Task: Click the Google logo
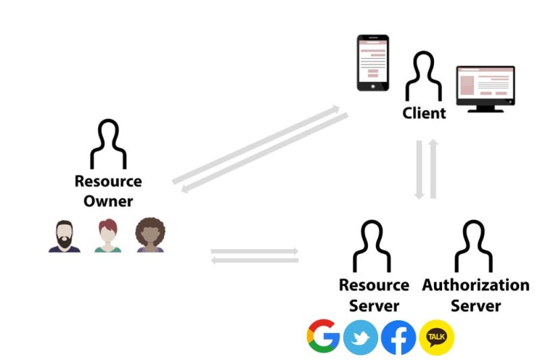[x=323, y=336]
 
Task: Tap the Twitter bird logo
[x=360, y=337]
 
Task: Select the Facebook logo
[x=398, y=337]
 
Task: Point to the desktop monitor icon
[x=485, y=88]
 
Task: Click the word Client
[x=424, y=113]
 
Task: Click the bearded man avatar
[x=64, y=236]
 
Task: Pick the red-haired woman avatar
[x=107, y=236]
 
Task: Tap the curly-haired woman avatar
[x=150, y=236]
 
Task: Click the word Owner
[x=108, y=201]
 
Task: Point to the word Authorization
[x=476, y=285]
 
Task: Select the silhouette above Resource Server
[x=373, y=247]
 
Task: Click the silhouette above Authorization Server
[x=475, y=247]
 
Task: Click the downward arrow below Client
[x=419, y=169]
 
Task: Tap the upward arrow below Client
[x=433, y=169]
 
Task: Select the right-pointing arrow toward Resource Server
[x=254, y=251]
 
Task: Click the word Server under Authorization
[x=476, y=306]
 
